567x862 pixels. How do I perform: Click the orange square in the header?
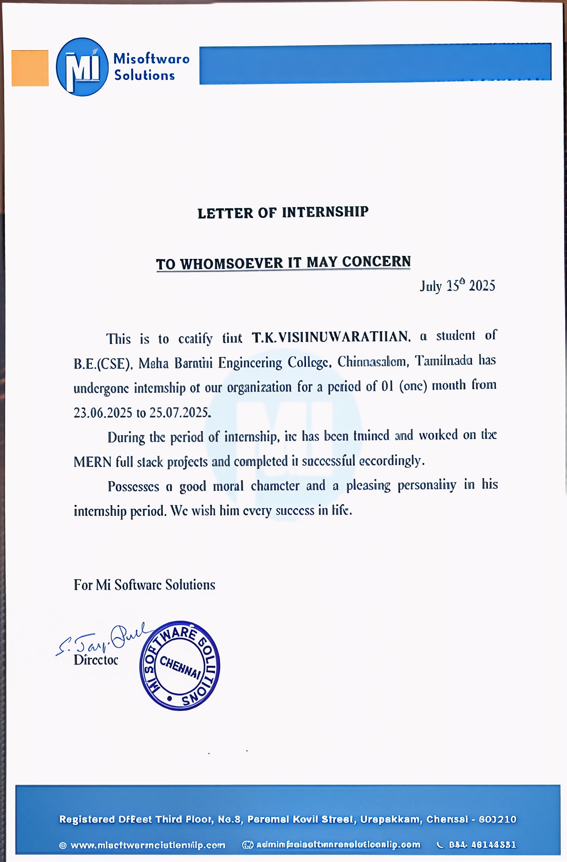(x=30, y=68)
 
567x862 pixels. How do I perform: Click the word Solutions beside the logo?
(x=144, y=75)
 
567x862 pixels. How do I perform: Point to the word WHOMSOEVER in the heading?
(x=231, y=263)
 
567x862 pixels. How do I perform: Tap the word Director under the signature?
(x=96, y=660)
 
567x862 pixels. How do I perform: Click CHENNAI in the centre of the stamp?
(x=180, y=666)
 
